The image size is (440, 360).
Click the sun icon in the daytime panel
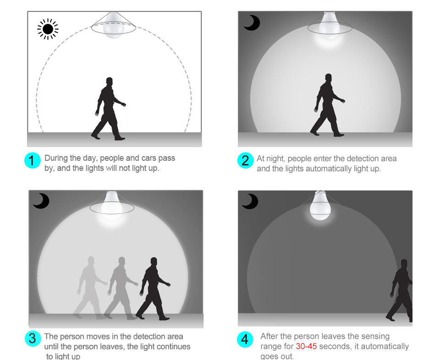click(48, 29)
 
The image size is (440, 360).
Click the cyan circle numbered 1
click(33, 161)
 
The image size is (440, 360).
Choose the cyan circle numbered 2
click(245, 161)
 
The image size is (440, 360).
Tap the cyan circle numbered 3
click(33, 338)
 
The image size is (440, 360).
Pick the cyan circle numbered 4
click(245, 339)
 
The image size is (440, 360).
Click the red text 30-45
click(306, 346)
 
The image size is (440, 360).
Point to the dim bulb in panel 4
click(320, 206)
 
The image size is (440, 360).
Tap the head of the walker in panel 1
click(110, 82)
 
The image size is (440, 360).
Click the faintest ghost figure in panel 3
click(90, 288)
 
